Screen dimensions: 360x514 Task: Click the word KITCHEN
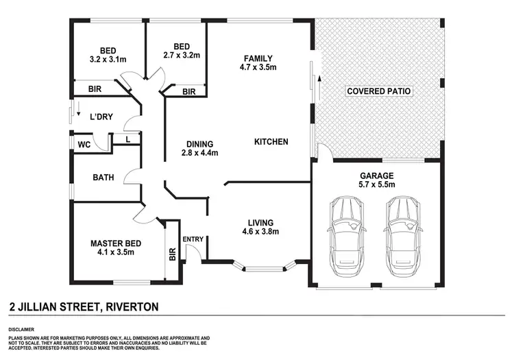271,142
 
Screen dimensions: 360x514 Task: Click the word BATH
103,178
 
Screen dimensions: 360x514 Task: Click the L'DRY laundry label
101,117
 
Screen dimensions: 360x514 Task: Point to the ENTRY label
193,239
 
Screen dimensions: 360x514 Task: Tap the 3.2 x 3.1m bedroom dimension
108,60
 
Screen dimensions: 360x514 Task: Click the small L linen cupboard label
130,139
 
